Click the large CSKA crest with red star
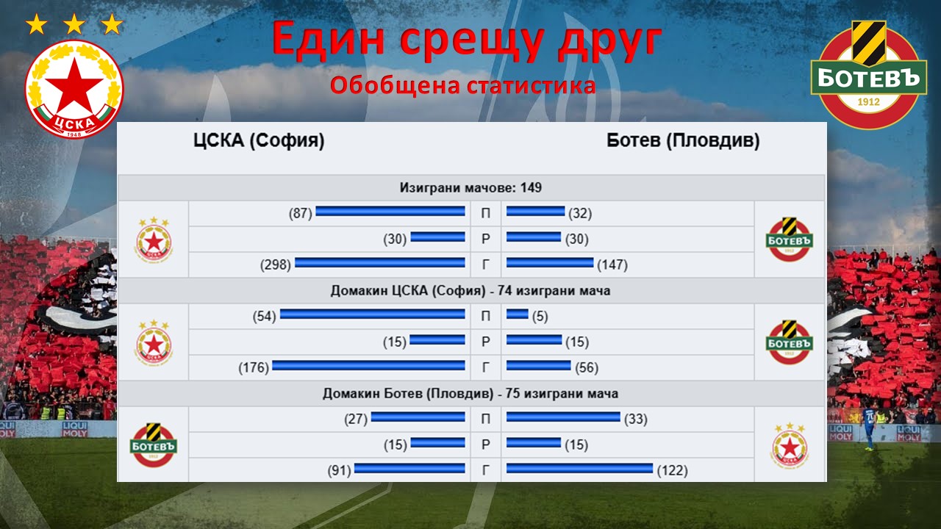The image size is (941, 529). tap(74, 89)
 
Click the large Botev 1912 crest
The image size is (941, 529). tap(868, 75)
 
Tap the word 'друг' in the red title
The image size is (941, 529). tap(610, 39)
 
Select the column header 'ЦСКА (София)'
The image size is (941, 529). tap(259, 140)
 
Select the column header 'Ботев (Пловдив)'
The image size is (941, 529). tap(683, 140)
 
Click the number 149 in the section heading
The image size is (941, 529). tap(531, 187)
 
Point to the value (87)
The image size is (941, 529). tap(301, 213)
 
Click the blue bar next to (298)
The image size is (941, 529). tap(380, 263)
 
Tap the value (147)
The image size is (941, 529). tap(612, 265)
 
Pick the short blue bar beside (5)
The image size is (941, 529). tap(517, 314)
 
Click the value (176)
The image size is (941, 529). tap(254, 368)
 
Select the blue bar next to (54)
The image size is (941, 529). tap(373, 314)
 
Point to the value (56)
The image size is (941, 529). tap(587, 368)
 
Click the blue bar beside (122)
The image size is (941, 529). tap(580, 468)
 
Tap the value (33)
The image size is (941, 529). tap(636, 419)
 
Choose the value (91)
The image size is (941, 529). tap(339, 470)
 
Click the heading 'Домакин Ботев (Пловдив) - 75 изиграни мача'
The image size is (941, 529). tap(470, 393)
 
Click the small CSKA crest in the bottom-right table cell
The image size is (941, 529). tap(790, 445)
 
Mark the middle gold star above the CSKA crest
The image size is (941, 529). tap(74, 24)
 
